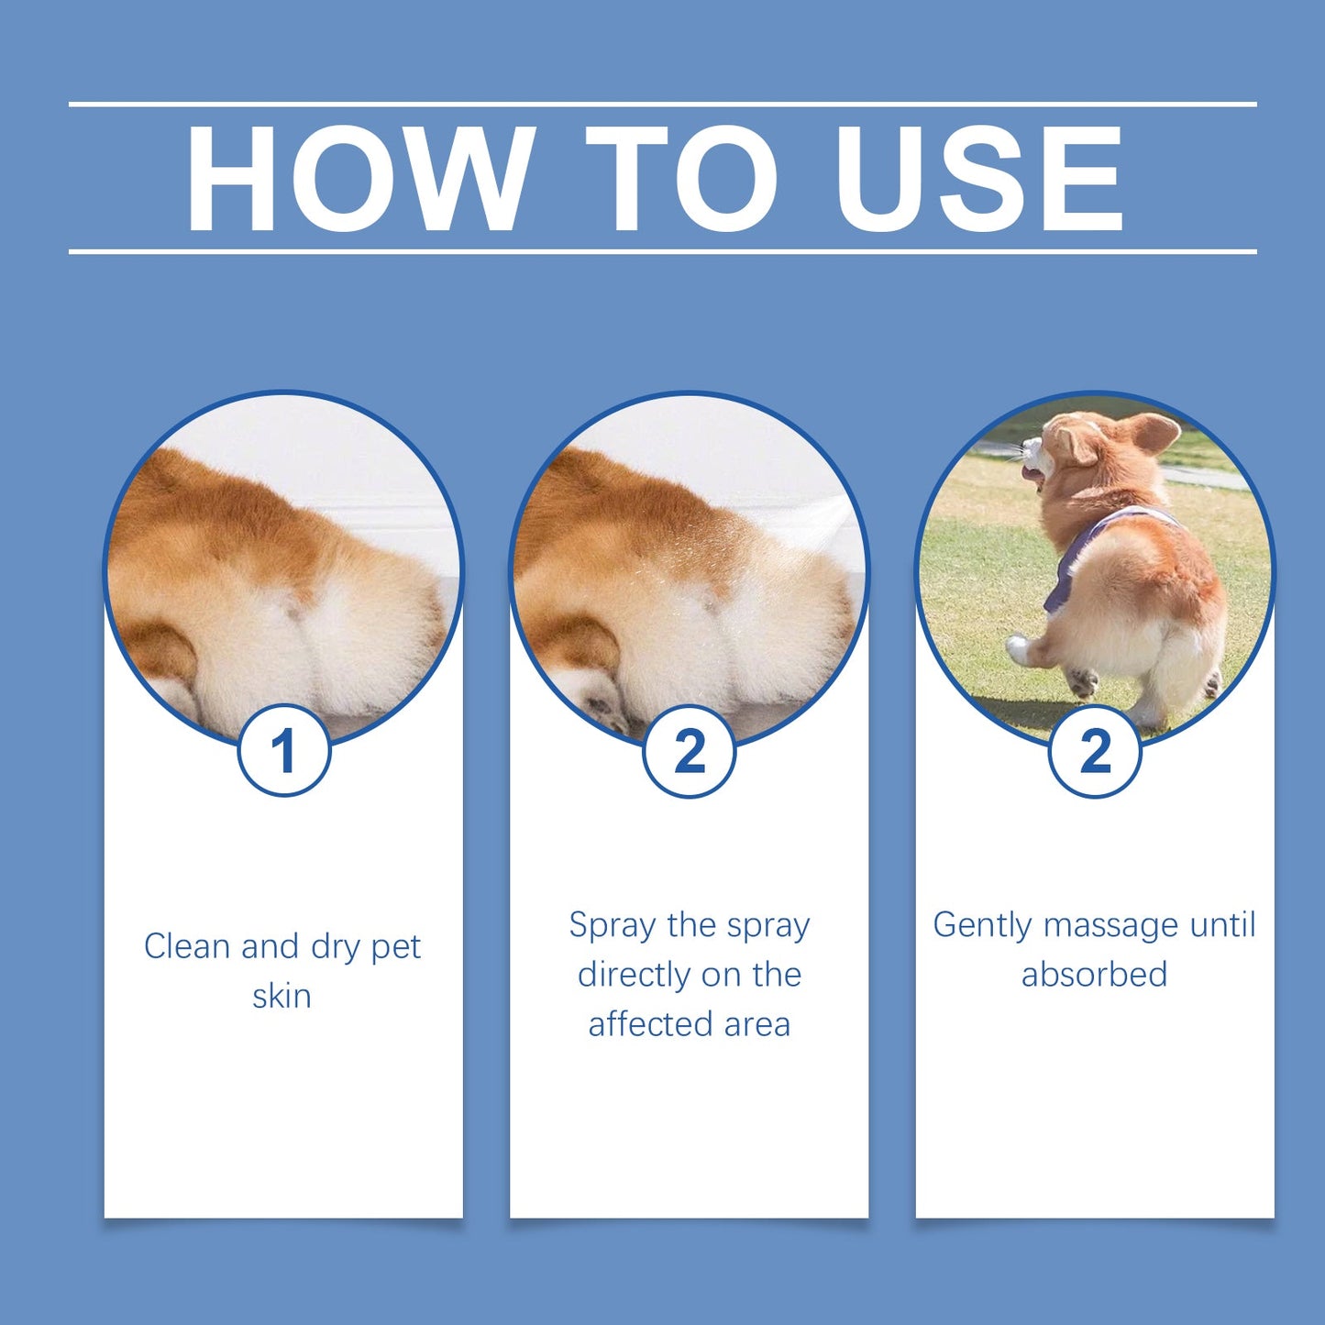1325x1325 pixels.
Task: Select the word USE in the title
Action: [978, 179]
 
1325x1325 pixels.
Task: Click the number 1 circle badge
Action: [283, 751]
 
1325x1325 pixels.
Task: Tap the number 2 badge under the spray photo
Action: [689, 751]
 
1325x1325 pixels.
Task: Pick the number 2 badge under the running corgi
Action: [1094, 751]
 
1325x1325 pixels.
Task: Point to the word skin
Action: [282, 996]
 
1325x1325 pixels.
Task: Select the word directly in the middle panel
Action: [635, 974]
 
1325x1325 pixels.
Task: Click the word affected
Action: [651, 1023]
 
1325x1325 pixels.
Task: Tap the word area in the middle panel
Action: [756, 1023]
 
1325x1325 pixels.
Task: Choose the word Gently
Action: [982, 925]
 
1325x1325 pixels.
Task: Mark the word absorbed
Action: [1094, 974]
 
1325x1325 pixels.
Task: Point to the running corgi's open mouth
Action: [1031, 473]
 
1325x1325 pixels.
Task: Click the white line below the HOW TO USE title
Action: [662, 250]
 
